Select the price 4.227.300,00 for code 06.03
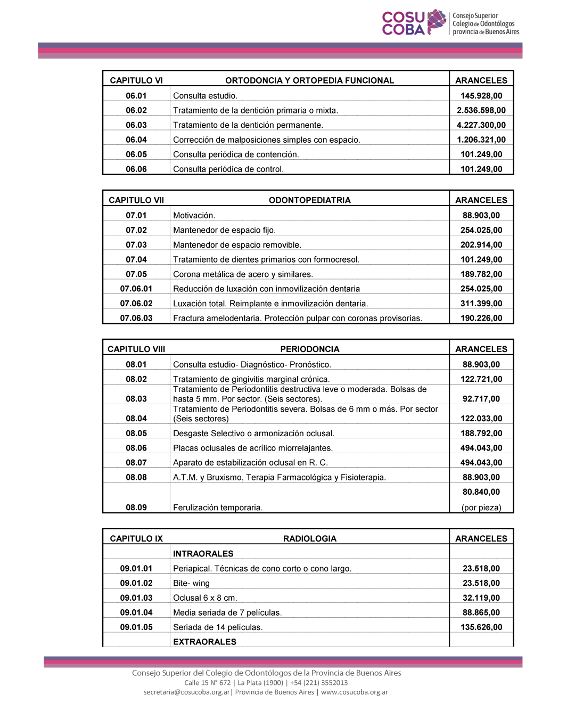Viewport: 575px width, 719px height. (481, 125)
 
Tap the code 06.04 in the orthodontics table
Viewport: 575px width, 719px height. (136, 140)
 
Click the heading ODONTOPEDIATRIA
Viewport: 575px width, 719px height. (309, 200)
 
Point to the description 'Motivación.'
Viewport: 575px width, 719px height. (194, 216)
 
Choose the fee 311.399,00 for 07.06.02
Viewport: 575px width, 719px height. (481, 304)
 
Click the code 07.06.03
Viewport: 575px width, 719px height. (136, 318)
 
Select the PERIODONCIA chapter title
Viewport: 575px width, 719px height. (309, 349)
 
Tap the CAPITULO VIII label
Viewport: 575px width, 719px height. (136, 349)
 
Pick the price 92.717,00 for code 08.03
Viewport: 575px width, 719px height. (481, 399)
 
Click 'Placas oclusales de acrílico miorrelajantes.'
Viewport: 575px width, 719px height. (253, 448)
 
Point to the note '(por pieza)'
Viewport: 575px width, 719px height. (481, 508)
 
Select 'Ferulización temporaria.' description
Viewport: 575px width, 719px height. (218, 508)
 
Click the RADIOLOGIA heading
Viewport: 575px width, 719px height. (309, 539)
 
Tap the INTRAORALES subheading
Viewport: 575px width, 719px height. (203, 554)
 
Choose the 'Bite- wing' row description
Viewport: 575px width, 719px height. (191, 583)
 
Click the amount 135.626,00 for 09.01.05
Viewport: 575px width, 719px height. (481, 627)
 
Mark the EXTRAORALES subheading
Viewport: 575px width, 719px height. (204, 642)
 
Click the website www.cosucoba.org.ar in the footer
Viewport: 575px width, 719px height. (355, 692)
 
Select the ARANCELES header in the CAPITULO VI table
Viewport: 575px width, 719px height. (481, 80)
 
